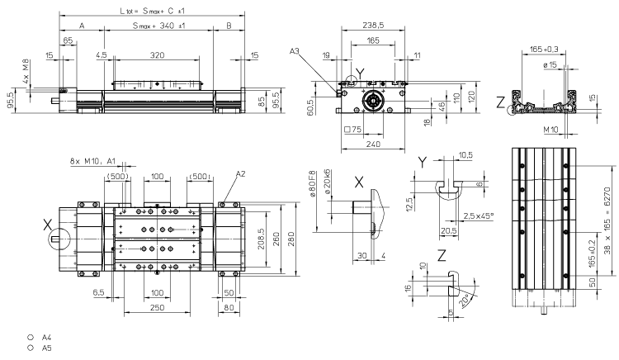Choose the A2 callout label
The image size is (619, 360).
[239, 174]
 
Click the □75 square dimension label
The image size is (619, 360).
[352, 130]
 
